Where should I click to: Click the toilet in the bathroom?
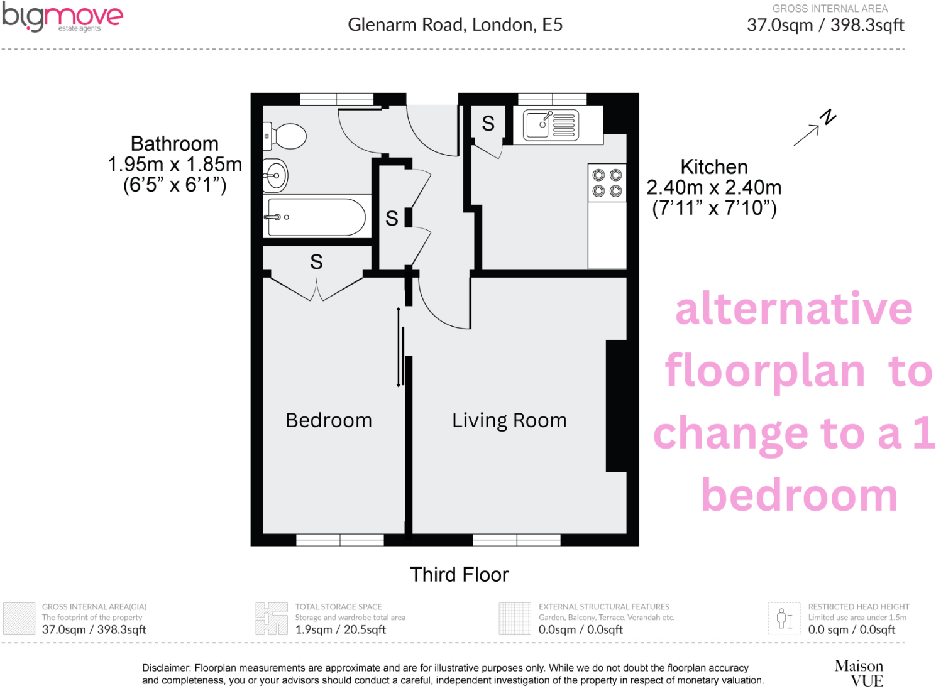point(287,136)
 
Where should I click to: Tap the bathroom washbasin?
point(275,175)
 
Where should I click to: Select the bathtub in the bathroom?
point(316,217)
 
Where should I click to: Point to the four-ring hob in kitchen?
point(607,183)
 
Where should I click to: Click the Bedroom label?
point(329,420)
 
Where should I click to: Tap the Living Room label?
point(509,420)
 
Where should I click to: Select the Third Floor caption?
point(459,575)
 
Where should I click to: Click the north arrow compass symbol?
point(815,128)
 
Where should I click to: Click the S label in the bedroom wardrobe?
point(316,262)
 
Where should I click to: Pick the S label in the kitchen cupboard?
point(488,124)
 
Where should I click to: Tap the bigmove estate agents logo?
point(62,18)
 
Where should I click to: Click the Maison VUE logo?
point(859,673)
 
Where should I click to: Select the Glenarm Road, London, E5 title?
point(455,25)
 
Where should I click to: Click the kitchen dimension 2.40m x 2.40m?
point(714,187)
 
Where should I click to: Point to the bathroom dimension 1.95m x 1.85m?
point(175,165)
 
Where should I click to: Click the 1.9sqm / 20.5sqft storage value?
point(340,629)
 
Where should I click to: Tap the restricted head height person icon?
point(784,619)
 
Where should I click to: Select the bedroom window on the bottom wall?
point(340,540)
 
